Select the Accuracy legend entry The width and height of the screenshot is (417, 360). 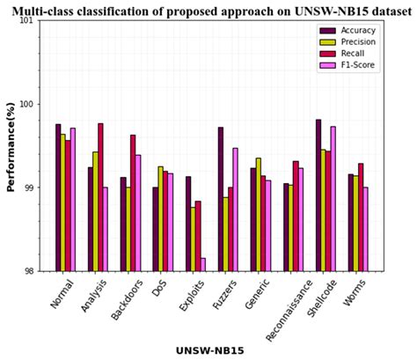click(357, 30)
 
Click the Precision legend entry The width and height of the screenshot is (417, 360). click(357, 41)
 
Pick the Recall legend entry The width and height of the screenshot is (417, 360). click(353, 54)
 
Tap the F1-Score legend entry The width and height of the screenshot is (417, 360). click(357, 65)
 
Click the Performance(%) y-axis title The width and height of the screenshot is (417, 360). click(10, 146)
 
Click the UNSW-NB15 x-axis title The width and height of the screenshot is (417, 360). click(208, 350)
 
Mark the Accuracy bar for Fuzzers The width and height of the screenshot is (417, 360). click(221, 199)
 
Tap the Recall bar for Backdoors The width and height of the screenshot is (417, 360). click(133, 202)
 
